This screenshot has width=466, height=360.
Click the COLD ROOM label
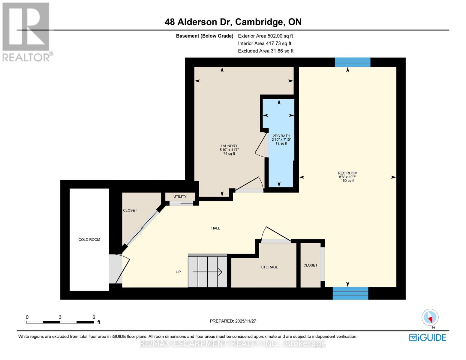click(x=89, y=239)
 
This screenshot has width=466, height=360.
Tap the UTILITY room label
click(x=180, y=196)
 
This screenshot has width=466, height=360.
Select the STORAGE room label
click(x=269, y=267)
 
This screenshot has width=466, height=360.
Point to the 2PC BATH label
click(x=281, y=136)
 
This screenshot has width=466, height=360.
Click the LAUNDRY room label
click(x=229, y=146)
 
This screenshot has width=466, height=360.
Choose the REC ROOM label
click(x=347, y=173)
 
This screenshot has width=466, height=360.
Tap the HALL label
click(x=215, y=228)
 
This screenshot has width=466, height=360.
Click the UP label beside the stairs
click(x=178, y=272)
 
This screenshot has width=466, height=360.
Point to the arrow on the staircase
click(x=208, y=272)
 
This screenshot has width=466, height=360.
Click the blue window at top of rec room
click(x=352, y=62)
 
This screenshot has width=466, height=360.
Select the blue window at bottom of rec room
click(x=350, y=293)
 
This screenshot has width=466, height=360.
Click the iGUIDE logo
click(x=428, y=337)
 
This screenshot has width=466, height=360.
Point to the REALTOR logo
click(x=26, y=31)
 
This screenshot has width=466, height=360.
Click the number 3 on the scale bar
click(x=60, y=317)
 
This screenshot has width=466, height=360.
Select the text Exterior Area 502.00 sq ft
click(x=265, y=36)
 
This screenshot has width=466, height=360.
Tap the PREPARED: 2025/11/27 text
click(x=233, y=321)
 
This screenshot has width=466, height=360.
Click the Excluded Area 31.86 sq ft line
click(x=266, y=51)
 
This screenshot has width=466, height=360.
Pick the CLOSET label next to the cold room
click(x=130, y=210)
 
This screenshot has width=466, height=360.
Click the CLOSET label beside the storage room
click(x=310, y=265)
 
